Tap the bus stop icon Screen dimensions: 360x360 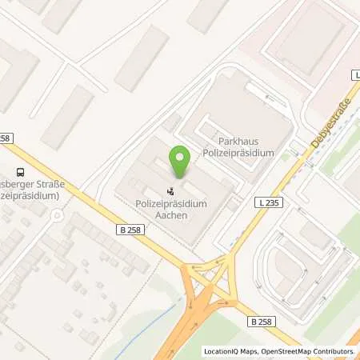pyautogui.click(x=19, y=170)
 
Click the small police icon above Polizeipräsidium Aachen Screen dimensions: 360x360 pyautogui.click(x=170, y=191)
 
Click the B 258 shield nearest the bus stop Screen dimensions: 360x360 pyautogui.click(x=6, y=138)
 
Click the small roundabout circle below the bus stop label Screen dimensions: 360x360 pyautogui.click(x=54, y=214)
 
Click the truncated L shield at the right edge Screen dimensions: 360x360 pyautogui.click(x=356, y=74)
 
